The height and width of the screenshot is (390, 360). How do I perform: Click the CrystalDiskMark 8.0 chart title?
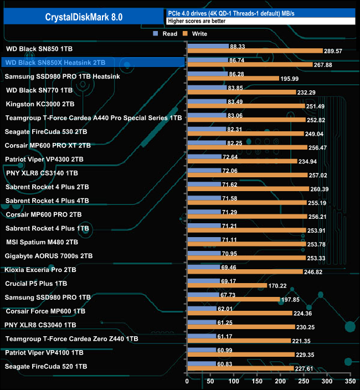click(84, 17)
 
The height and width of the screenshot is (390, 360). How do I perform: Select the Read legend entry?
click(166, 34)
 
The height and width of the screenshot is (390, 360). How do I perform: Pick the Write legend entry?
click(194, 34)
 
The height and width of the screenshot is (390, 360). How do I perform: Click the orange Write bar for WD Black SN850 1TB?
click(255, 51)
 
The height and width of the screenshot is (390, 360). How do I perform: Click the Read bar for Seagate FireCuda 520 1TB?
click(202, 364)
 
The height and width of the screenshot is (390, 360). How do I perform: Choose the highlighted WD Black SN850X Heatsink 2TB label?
click(55, 63)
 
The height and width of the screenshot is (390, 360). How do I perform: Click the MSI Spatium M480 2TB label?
click(42, 242)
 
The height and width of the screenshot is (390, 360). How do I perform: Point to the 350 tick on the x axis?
click(349, 382)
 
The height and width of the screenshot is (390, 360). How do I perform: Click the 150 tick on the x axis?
click(257, 382)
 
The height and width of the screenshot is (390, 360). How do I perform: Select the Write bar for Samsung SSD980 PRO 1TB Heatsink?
click(233, 79)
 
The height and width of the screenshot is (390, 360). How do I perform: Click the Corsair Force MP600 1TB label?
click(45, 311)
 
